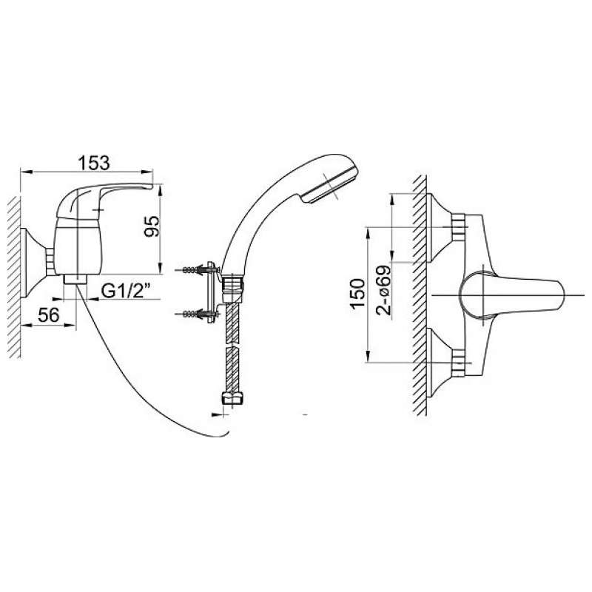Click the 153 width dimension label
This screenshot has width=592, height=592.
(94, 163)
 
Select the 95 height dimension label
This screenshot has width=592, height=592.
(152, 226)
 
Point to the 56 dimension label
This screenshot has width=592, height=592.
(49, 314)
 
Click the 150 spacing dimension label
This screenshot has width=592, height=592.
(357, 293)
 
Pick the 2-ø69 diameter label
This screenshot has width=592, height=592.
(383, 290)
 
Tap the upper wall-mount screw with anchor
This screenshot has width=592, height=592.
(196, 270)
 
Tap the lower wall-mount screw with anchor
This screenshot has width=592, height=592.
(196, 313)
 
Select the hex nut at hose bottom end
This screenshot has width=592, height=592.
(231, 398)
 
